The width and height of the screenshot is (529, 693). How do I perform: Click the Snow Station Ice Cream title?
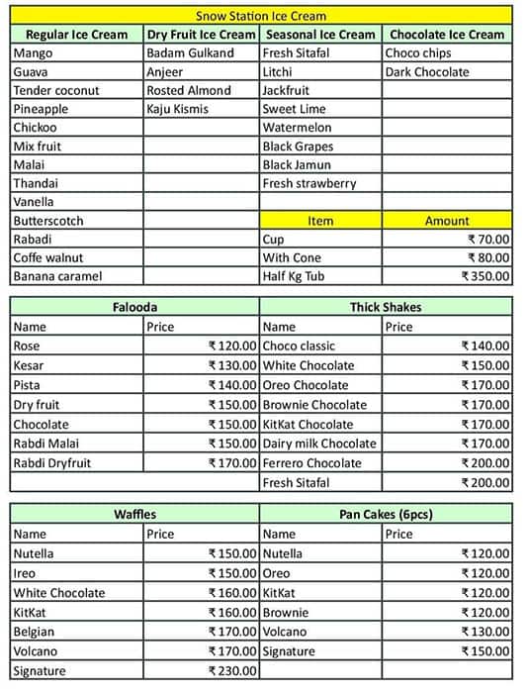pos(261,16)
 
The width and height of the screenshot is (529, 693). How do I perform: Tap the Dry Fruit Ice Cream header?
pos(201,34)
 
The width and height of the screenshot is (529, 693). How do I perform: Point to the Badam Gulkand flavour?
pos(190,52)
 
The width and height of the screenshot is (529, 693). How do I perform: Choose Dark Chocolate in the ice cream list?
pos(427,71)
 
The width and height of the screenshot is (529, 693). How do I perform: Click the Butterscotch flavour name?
pos(48,221)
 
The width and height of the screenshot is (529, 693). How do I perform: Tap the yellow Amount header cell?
pos(447,221)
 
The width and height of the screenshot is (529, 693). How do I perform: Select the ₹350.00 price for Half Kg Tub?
pos(485,277)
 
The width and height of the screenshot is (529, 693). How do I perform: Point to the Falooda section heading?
pos(134,307)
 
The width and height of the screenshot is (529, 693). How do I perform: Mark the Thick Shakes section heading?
pos(386,307)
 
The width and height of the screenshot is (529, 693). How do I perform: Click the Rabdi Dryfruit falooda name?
pos(53,462)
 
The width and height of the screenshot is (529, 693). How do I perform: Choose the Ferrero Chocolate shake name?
pos(312,462)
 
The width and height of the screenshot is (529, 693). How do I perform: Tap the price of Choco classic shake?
pos(485,346)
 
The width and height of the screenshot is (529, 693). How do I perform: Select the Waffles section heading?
pos(134,514)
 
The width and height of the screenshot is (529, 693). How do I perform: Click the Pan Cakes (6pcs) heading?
pos(386,514)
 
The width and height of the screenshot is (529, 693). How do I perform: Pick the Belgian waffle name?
pos(36,631)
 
